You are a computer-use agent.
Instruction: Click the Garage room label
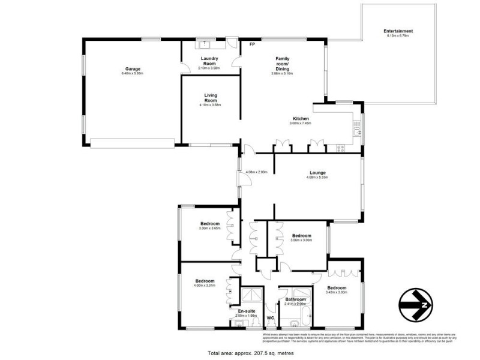coord(133,68)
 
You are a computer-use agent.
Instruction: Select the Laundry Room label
coord(210,61)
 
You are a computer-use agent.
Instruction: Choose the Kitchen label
coord(301,118)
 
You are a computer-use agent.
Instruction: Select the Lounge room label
coord(317,172)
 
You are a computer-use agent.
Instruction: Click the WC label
coord(270,318)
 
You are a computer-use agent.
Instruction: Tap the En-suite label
coord(246,311)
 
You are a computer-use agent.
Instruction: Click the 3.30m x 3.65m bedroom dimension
coord(210,228)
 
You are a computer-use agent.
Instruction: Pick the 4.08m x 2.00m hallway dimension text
coord(257,173)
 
